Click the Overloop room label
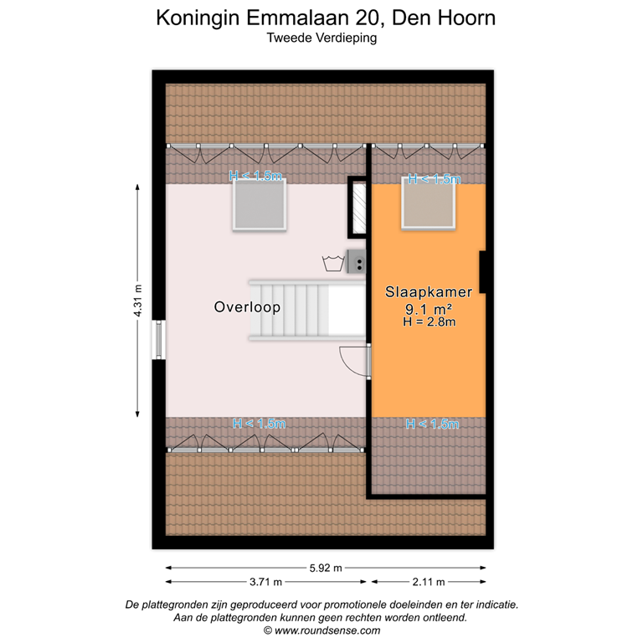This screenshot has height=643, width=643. pos(247,307)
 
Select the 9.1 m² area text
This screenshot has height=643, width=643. pos(428,308)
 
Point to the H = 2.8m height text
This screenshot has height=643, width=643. pos(428,321)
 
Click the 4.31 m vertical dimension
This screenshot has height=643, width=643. pos(138,301)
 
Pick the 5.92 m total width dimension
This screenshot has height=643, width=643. pos(326,567)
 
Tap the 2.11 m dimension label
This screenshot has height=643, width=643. pos(428,582)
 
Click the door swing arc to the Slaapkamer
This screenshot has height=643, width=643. pos(353,362)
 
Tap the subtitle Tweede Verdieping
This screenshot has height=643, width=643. pos(321,37)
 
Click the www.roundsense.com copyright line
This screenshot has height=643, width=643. pos(321,630)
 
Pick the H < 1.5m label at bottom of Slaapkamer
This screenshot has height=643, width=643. pos(431,424)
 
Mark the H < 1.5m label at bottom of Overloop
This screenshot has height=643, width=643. pos(259,424)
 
